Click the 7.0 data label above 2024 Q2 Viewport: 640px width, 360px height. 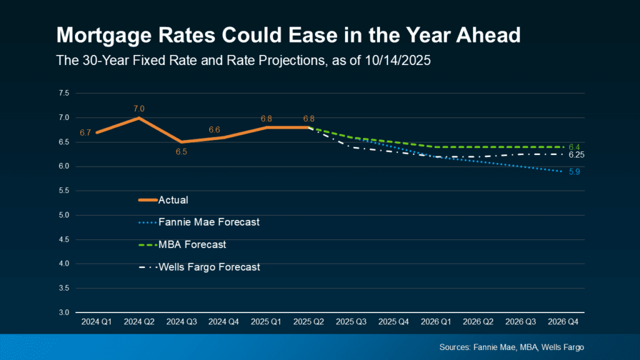pyautogui.click(x=139, y=109)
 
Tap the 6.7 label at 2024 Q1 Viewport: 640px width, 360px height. pyautogui.click(x=86, y=132)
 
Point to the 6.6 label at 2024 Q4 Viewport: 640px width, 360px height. pyautogui.click(x=214, y=129)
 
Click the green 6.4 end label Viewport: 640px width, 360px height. pyautogui.click(x=574, y=146)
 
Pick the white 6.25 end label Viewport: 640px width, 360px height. pyautogui.click(x=576, y=155)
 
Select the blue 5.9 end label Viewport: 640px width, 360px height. pyautogui.click(x=574, y=171)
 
